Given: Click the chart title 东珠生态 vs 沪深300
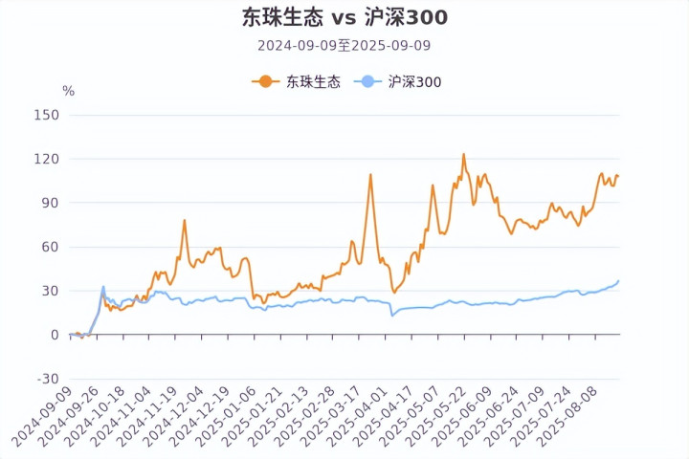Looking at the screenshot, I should (x=344, y=17).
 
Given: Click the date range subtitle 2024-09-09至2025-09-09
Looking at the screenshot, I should (x=344, y=45).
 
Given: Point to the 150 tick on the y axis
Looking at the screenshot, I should (x=47, y=115).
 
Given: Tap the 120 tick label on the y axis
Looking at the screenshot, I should (x=47, y=159).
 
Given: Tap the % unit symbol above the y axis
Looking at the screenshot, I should (x=68, y=91).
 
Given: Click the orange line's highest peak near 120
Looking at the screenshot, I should (x=463, y=154).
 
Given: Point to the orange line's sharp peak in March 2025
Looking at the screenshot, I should (x=370, y=175).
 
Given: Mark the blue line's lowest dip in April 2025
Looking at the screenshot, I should (x=392, y=316).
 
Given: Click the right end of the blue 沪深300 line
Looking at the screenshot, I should (x=618, y=281).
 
